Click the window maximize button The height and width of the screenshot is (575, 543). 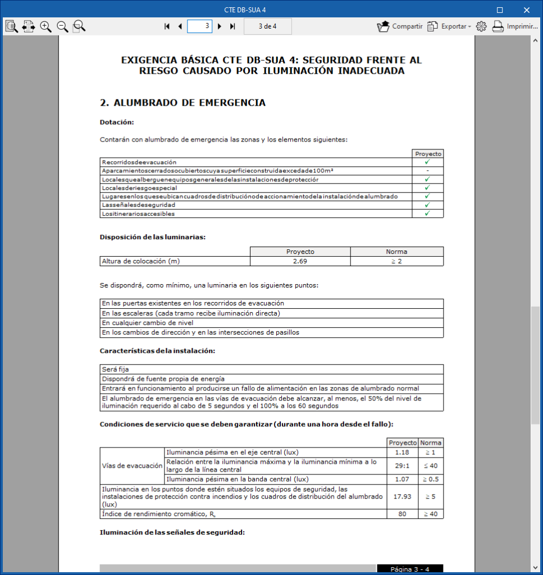500,10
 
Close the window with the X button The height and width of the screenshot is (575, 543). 526,10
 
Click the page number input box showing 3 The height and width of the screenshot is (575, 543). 199,26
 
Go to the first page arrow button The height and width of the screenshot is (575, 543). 167,26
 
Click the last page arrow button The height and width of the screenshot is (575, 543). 232,26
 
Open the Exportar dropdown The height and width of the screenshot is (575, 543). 449,26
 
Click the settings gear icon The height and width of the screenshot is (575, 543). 481,26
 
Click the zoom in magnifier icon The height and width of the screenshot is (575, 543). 45,26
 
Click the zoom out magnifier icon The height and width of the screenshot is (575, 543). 62,26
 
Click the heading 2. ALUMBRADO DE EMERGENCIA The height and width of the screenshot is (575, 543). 182,103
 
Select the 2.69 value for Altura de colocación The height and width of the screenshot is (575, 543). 300,261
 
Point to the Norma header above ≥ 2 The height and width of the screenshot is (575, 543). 396,252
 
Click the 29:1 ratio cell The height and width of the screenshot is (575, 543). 402,466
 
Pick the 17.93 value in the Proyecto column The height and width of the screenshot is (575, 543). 402,496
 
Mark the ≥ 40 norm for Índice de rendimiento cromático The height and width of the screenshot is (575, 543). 431,514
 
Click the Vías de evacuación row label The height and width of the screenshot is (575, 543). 131,466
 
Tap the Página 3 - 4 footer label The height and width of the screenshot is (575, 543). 410,569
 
